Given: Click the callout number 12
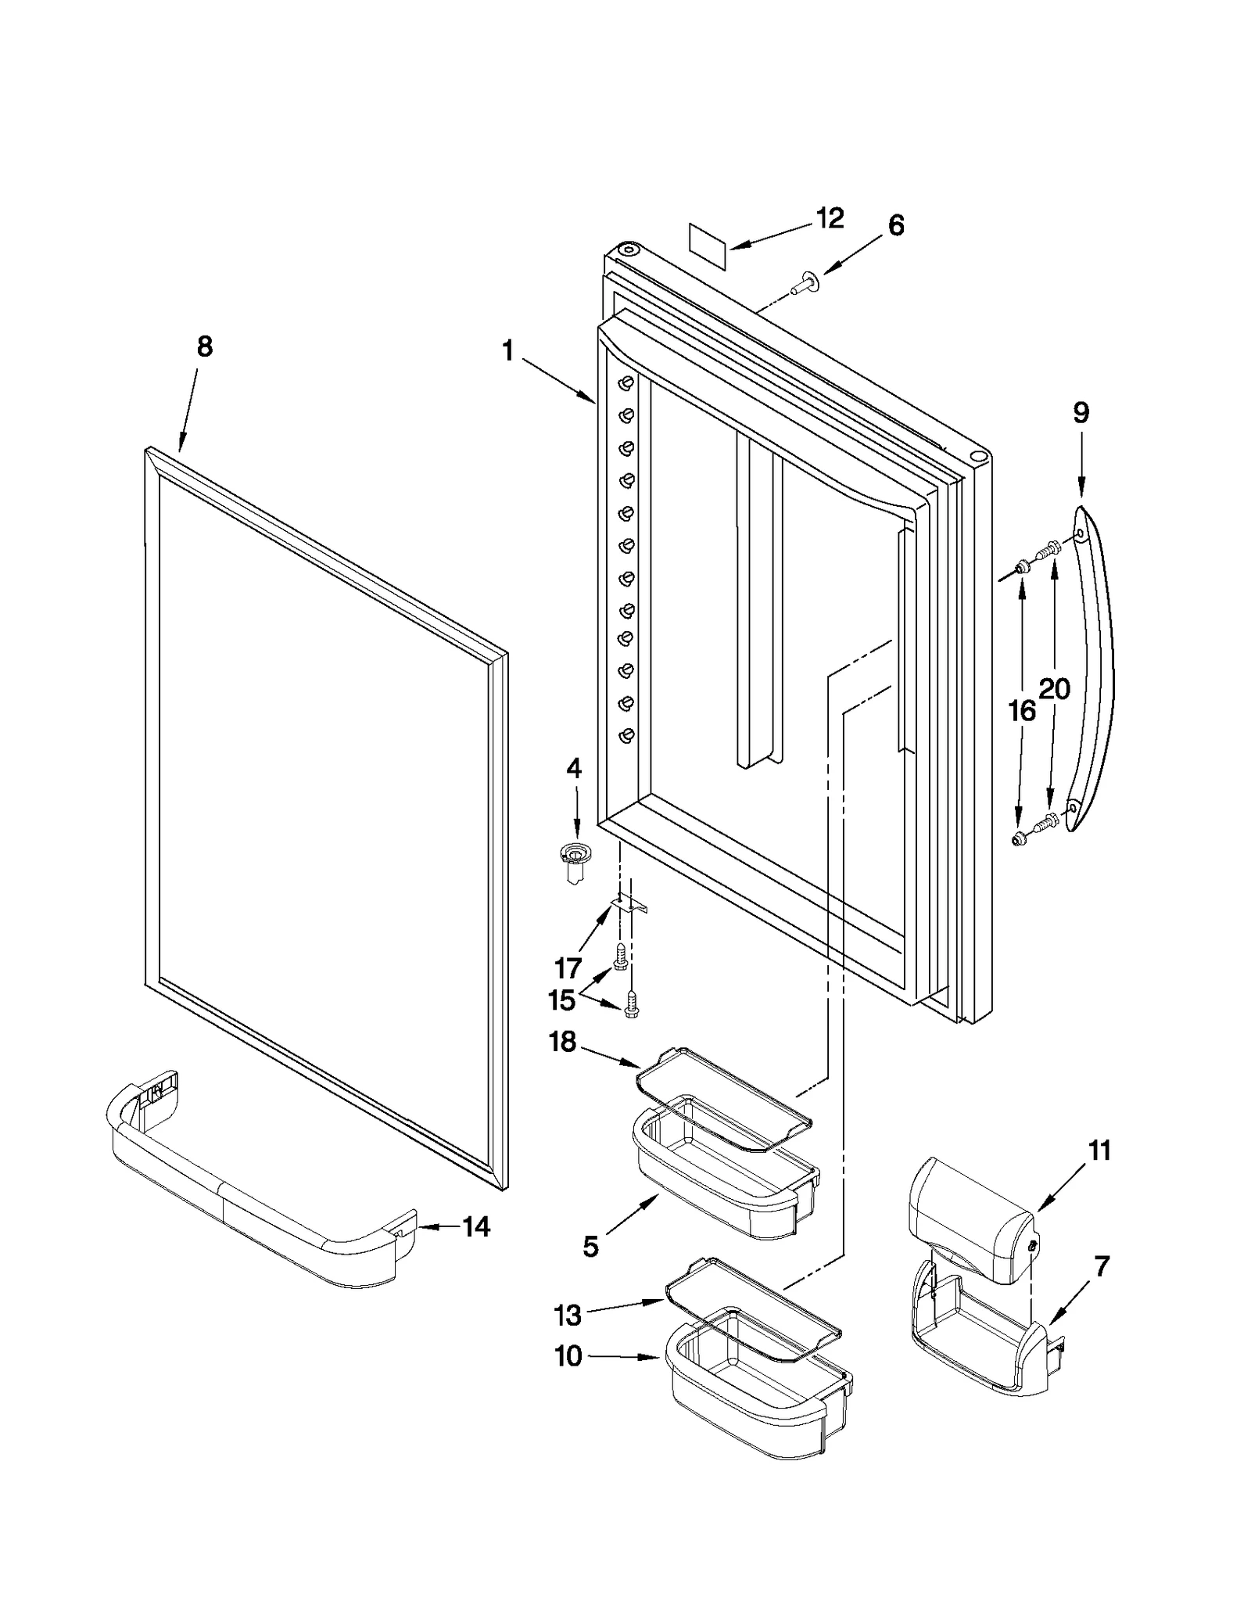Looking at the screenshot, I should (x=830, y=218).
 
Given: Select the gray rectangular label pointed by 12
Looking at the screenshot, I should (x=708, y=246).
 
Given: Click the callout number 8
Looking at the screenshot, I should (x=204, y=346).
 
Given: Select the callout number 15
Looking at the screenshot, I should (x=561, y=1000).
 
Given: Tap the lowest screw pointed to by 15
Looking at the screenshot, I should (x=632, y=1003).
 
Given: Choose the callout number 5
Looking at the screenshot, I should (x=590, y=1246).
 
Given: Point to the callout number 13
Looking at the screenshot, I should (x=568, y=1316).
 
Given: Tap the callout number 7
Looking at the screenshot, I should (x=1101, y=1266).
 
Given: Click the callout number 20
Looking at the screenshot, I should (x=1054, y=689).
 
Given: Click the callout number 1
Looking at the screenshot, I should (x=508, y=352).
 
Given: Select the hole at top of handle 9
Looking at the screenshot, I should (x=1080, y=534).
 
